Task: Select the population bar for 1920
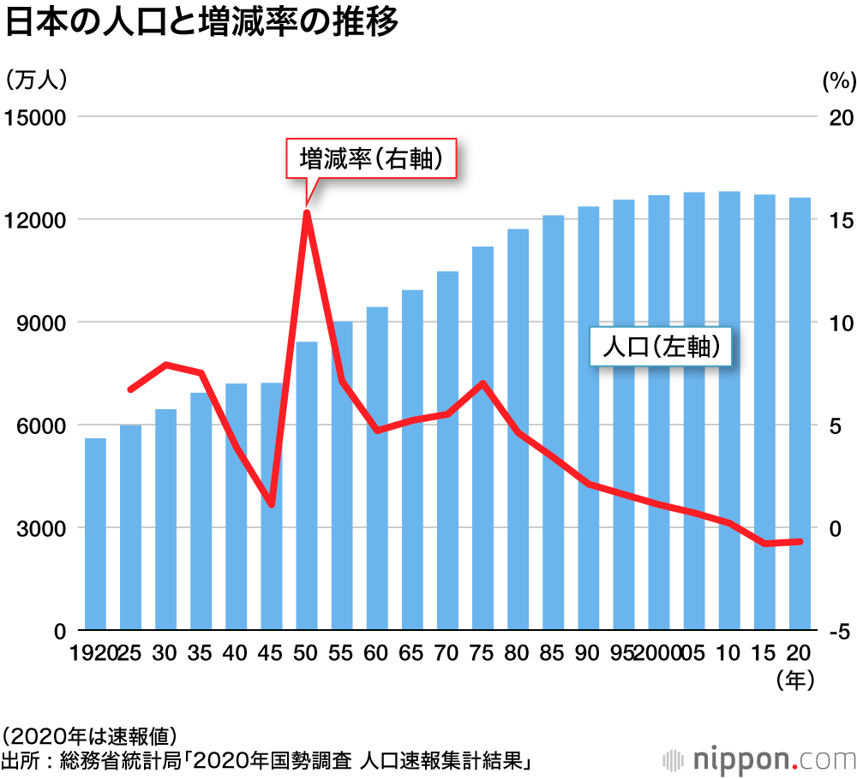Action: (x=95, y=534)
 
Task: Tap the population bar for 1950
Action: (x=307, y=485)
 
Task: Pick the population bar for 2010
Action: (x=729, y=411)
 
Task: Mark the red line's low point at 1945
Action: (x=272, y=504)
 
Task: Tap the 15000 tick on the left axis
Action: (x=35, y=117)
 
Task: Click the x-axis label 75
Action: (x=482, y=653)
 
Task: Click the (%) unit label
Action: (x=839, y=81)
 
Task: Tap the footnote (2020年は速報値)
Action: (x=90, y=735)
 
